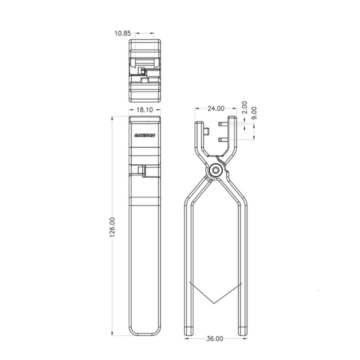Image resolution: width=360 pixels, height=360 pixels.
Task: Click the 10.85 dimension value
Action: click(x=122, y=33)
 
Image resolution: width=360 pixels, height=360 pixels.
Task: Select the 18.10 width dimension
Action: click(x=144, y=109)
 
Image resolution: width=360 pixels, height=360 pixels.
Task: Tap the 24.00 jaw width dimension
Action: click(x=216, y=108)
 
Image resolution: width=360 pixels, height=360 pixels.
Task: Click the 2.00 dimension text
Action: click(x=244, y=107)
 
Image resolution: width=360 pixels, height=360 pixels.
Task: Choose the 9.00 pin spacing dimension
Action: click(x=254, y=112)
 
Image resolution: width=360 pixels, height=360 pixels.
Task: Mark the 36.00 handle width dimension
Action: click(x=215, y=338)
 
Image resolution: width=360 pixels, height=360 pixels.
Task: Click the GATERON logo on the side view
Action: click(x=144, y=135)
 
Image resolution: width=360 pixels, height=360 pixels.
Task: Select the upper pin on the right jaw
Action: click(x=223, y=124)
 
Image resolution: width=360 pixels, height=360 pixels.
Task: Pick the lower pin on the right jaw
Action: click(x=223, y=140)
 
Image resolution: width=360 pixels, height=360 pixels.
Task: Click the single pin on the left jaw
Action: click(x=206, y=131)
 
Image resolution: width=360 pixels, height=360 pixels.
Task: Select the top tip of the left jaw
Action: click(x=198, y=123)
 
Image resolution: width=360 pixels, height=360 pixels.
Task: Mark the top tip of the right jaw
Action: click(x=232, y=119)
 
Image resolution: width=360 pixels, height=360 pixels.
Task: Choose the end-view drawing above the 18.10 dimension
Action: click(x=144, y=70)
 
